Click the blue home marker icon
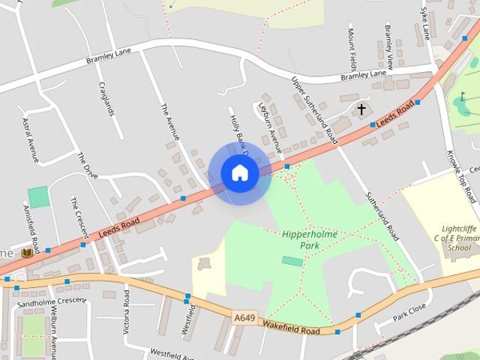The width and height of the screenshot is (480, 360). tap(239, 172)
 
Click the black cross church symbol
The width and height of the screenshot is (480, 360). tap(361, 109)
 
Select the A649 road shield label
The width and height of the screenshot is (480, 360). tap(243, 319)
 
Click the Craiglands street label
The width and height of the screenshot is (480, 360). tap(106, 98)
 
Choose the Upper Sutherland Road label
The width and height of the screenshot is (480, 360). tap(314, 111)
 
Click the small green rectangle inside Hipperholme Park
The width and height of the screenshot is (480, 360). tap(293, 260)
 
